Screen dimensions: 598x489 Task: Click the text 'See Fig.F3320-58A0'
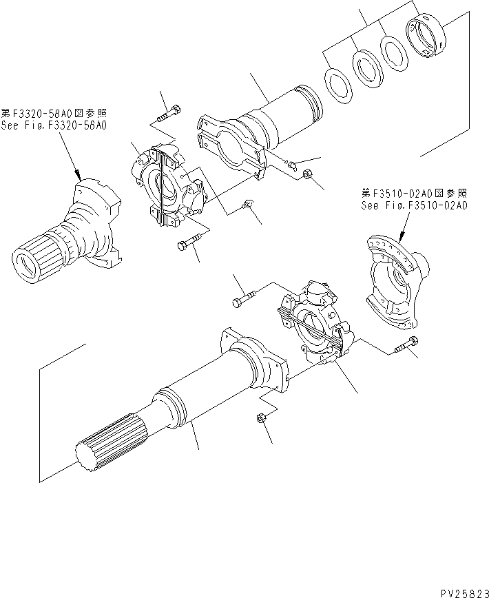pos(54,126)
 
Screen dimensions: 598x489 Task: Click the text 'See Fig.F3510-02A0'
pos(413,205)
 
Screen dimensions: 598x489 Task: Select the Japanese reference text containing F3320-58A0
pos(54,114)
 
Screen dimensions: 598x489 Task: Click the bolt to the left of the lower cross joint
pos(244,298)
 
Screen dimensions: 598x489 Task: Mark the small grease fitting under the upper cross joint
pos(249,202)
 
